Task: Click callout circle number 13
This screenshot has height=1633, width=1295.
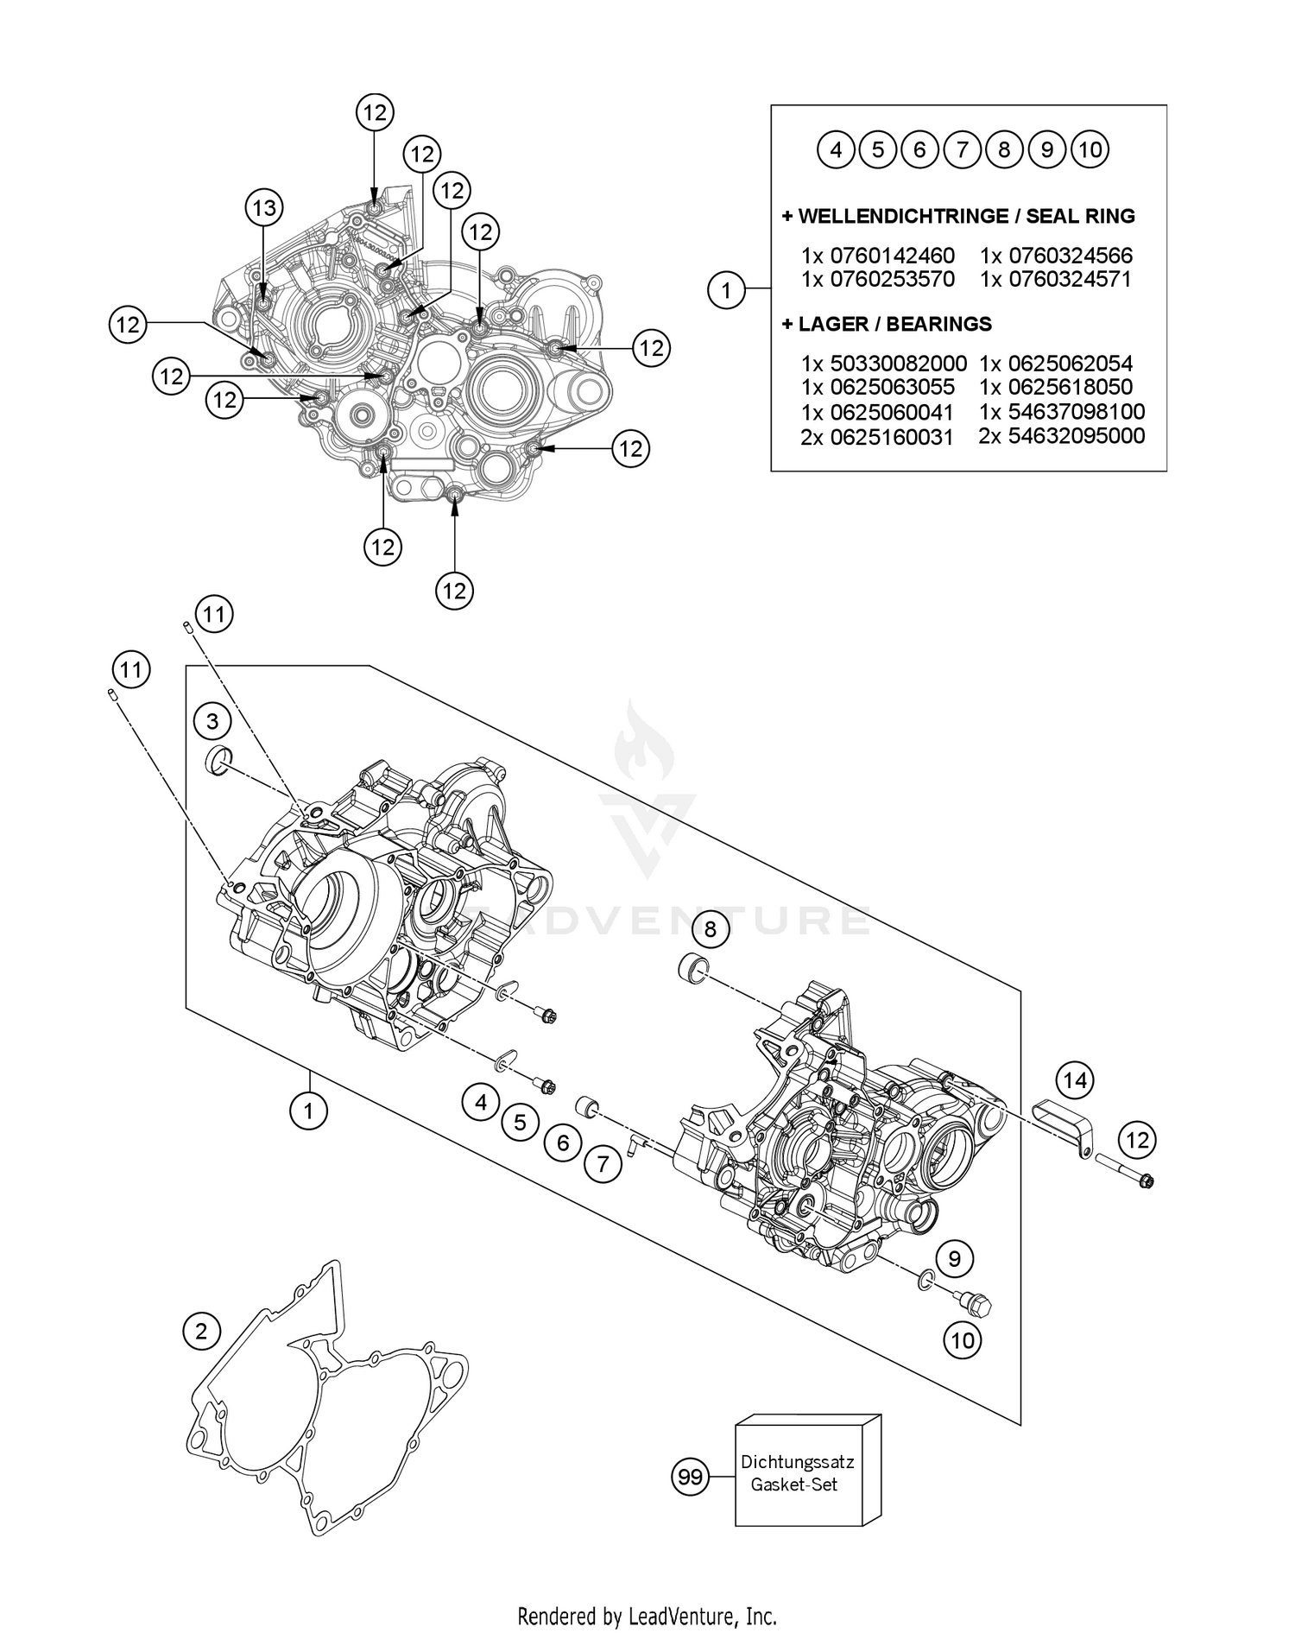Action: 264,207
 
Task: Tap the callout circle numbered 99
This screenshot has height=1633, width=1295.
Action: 690,1478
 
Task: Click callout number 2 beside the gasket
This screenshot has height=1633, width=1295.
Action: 201,1331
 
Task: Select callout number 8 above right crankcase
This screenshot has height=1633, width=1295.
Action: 711,929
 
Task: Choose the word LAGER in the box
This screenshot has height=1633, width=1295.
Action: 830,324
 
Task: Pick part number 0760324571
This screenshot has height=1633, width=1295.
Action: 1068,279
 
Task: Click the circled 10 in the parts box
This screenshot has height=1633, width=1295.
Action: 1090,150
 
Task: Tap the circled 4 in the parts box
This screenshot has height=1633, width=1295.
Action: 836,150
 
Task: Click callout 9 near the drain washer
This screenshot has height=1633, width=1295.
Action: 954,1258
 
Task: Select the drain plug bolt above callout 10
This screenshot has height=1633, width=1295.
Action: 976,1303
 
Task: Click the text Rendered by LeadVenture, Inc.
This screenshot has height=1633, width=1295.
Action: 647,1614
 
